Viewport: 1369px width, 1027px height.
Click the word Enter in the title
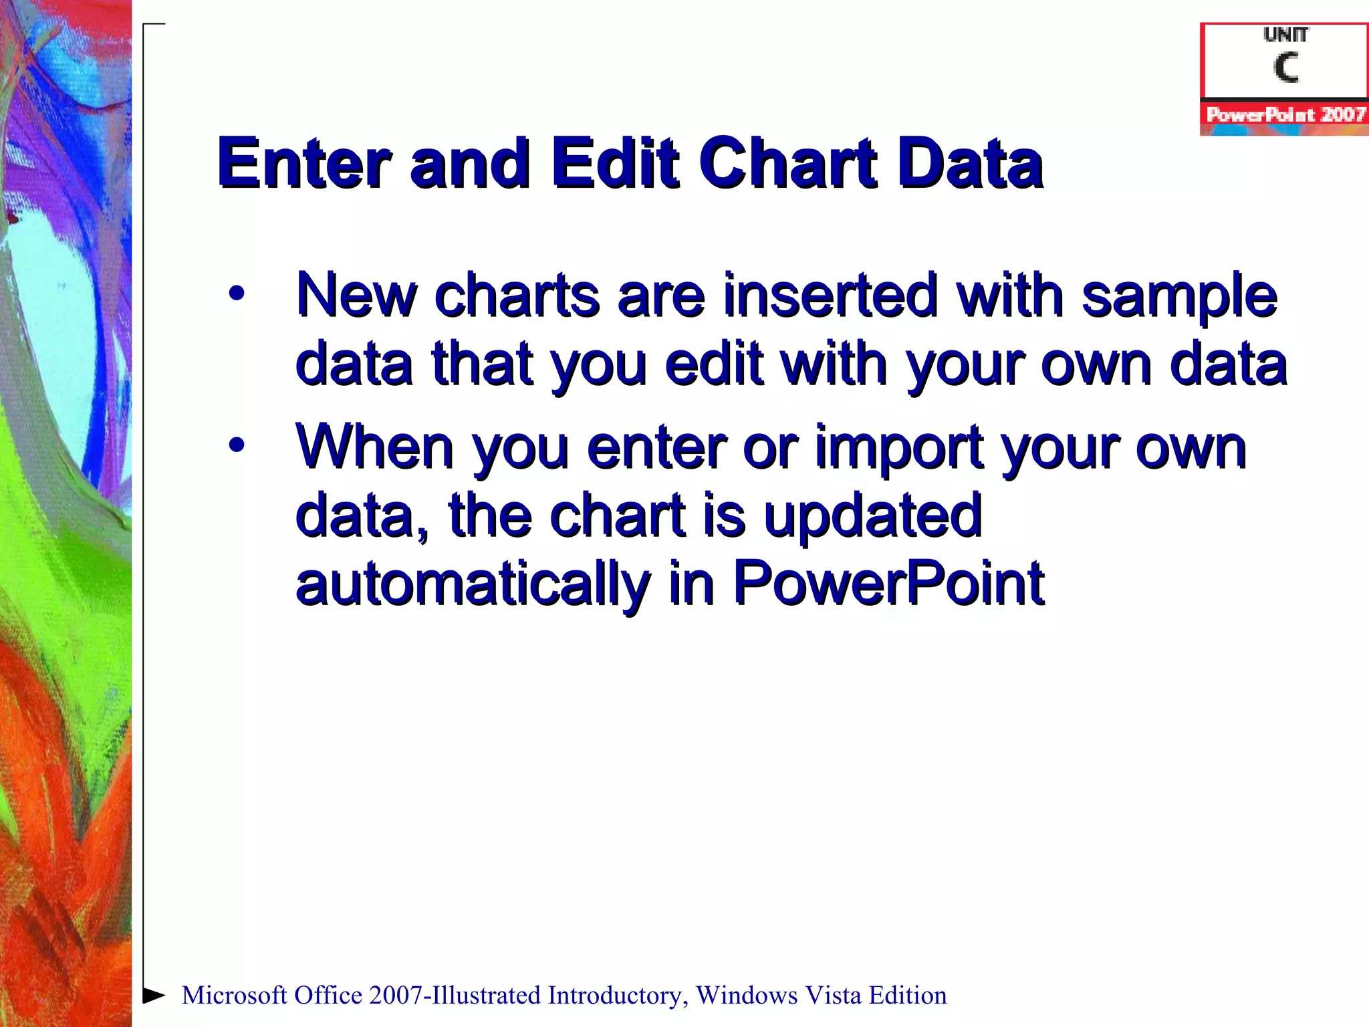[304, 162]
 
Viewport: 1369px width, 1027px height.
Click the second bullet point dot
[236, 445]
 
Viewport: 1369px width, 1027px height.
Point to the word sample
[1179, 296]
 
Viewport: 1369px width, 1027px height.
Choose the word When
[375, 446]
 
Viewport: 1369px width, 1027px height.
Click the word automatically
[473, 583]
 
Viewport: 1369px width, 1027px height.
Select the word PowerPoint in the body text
[888, 583]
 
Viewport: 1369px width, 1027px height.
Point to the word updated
[872, 515]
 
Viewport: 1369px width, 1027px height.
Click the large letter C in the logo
[1285, 68]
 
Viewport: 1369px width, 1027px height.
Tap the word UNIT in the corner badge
[1285, 34]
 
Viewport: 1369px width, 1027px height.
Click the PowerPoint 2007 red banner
[1285, 114]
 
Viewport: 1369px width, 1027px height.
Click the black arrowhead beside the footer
[154, 995]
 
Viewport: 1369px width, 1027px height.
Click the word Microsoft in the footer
[235, 995]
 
